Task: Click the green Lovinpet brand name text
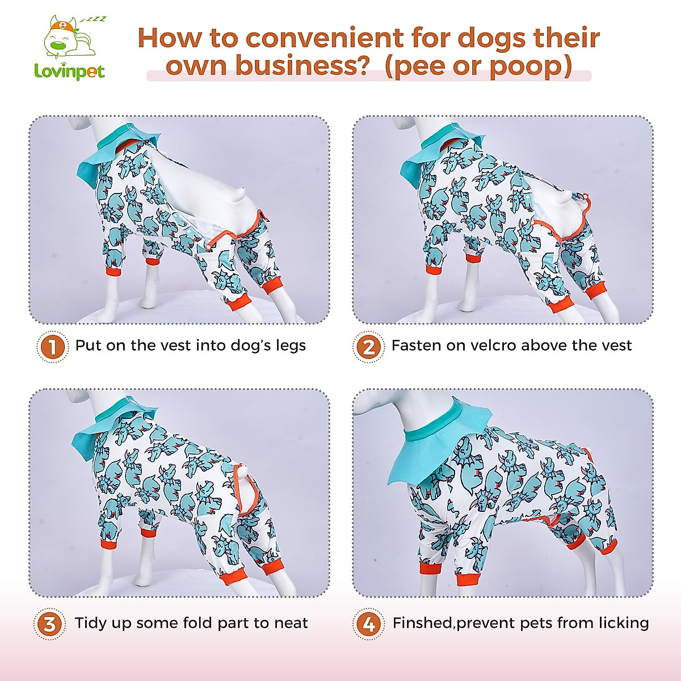pyautogui.click(x=69, y=72)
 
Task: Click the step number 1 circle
pyautogui.click(x=52, y=346)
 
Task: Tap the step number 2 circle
pyautogui.click(x=368, y=346)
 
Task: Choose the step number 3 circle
pyautogui.click(x=50, y=624)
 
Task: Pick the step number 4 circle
pyautogui.click(x=368, y=624)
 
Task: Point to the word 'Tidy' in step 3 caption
pyautogui.click(x=94, y=623)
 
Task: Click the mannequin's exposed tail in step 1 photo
pyautogui.click(x=241, y=196)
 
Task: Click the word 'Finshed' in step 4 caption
pyautogui.click(x=422, y=623)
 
